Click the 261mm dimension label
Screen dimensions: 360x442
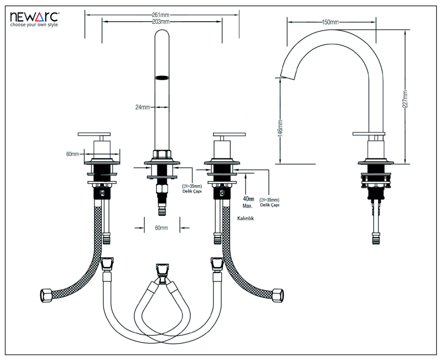pos(161,14)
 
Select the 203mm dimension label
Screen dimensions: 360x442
pos(161,22)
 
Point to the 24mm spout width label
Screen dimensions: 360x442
pos(143,107)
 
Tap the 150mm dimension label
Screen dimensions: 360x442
pos(331,22)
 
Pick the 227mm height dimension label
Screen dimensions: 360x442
pos(406,98)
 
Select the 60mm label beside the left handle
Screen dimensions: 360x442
pos(73,154)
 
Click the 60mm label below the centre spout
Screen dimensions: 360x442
pos(161,227)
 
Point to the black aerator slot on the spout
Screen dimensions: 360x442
pos(162,78)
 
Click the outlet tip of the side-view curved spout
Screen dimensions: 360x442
pos(282,77)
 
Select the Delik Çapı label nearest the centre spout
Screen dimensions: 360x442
pos(192,191)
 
